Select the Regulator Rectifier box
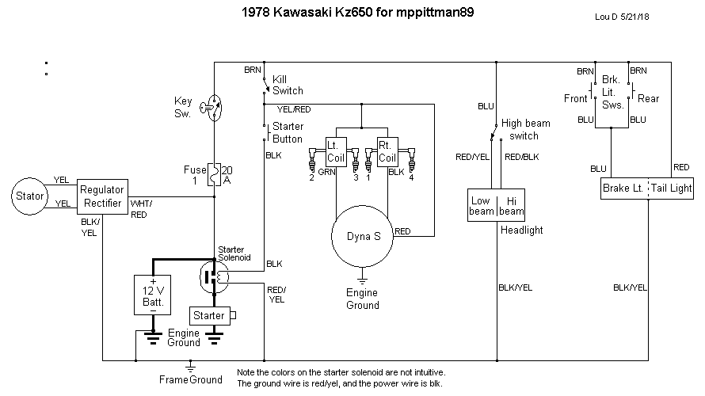[x=102, y=196]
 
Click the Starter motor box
[x=209, y=315]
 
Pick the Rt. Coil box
[x=387, y=150]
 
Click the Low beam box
[x=482, y=205]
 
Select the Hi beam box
[x=511, y=205]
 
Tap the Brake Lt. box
[x=624, y=188]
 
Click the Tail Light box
[x=671, y=188]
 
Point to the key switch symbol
[x=211, y=106]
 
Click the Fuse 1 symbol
[x=213, y=174]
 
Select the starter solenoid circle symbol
[x=214, y=276]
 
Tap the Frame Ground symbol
[x=190, y=367]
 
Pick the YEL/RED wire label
[x=294, y=109]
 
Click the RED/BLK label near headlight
[x=521, y=156]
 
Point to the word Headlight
[x=522, y=230]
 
